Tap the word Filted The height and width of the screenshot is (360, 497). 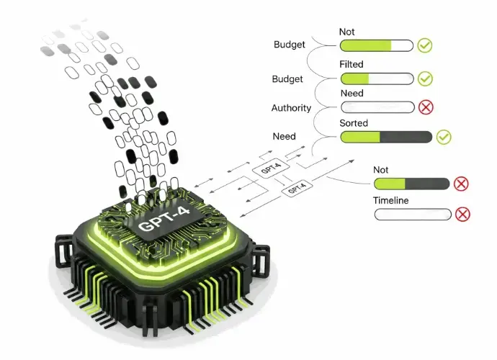pyautogui.click(x=351, y=65)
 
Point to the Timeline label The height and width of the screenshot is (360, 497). pyautogui.click(x=391, y=200)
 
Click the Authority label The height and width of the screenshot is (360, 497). pyautogui.click(x=291, y=108)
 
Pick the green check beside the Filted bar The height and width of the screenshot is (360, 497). pyautogui.click(x=425, y=78)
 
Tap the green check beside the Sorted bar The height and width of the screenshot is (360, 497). pyautogui.click(x=444, y=137)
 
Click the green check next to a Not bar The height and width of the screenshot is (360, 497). pyautogui.click(x=425, y=46)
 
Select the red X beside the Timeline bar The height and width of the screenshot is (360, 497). pyautogui.click(x=462, y=214)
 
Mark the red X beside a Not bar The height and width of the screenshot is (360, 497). pyautogui.click(x=461, y=184)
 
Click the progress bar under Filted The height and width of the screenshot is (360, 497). pyautogui.click(x=377, y=78)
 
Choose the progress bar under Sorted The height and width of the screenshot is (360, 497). pyautogui.click(x=386, y=137)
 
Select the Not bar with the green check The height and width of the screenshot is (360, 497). pyautogui.click(x=377, y=46)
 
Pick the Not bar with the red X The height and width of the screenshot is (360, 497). pyautogui.click(x=411, y=184)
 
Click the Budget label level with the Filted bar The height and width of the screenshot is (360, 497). pyautogui.click(x=287, y=78)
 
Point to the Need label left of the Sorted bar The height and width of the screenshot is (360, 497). pyautogui.click(x=284, y=137)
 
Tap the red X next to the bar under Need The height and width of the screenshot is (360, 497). pyautogui.click(x=426, y=107)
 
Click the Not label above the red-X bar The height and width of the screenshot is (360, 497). pyautogui.click(x=381, y=170)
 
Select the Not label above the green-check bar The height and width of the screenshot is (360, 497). pyautogui.click(x=347, y=32)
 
